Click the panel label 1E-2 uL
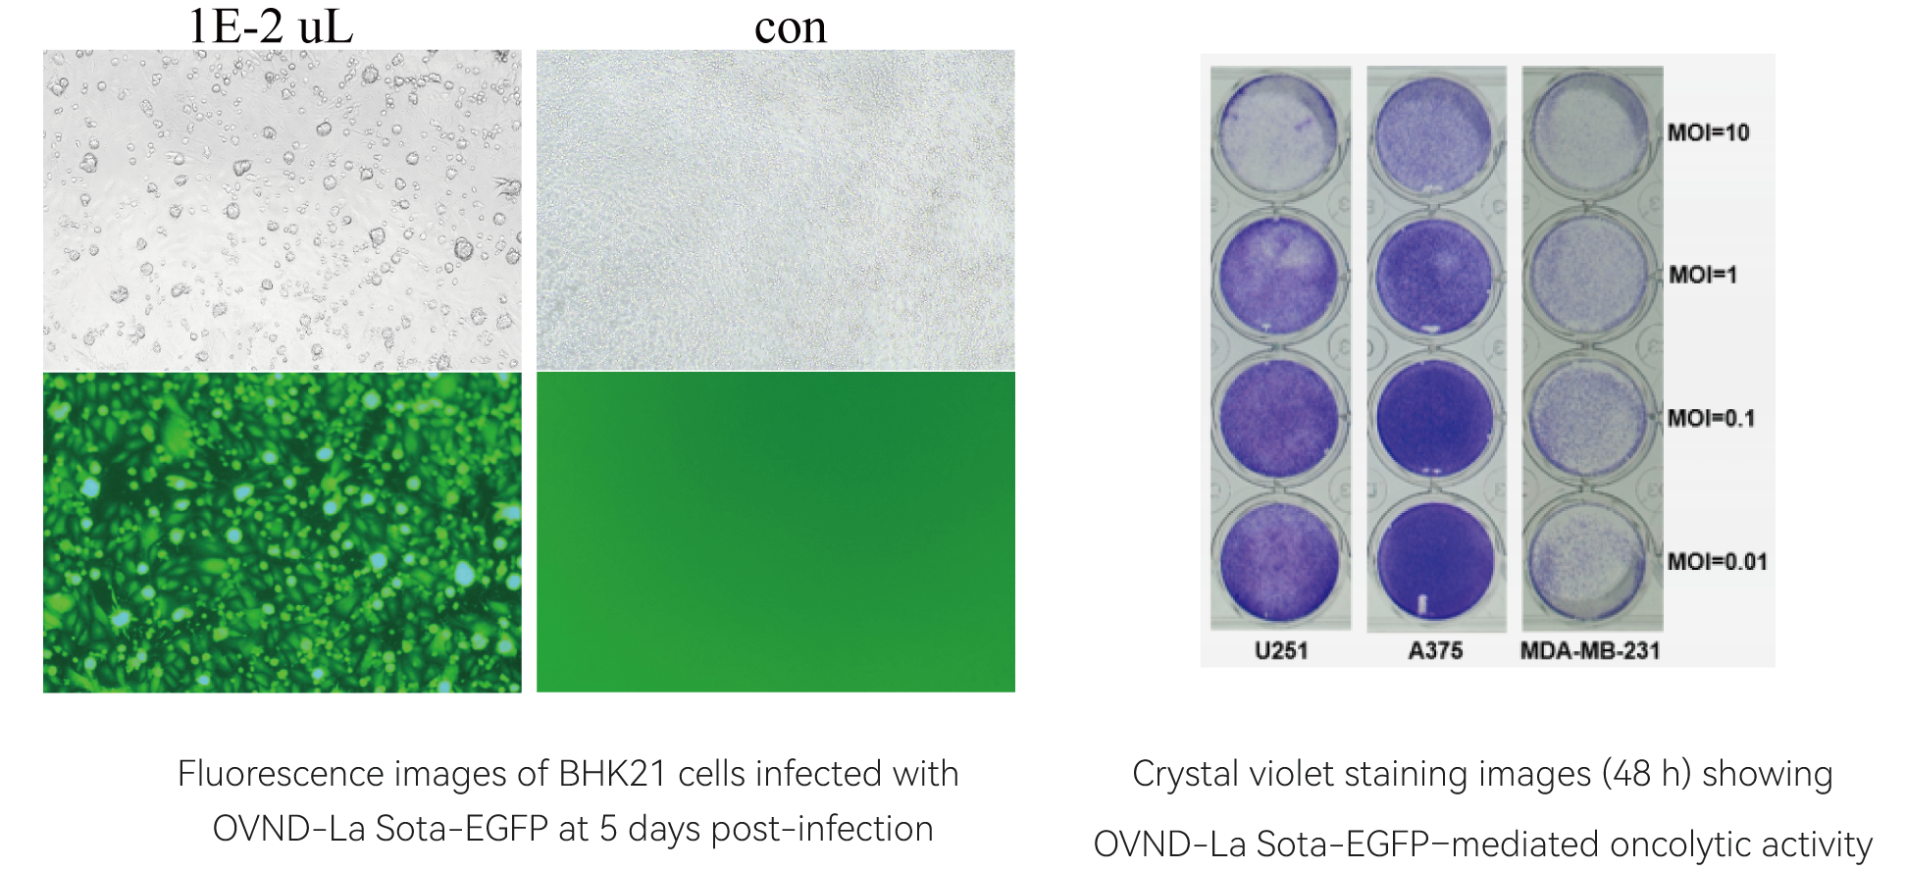click(x=270, y=26)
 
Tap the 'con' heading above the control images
click(x=791, y=28)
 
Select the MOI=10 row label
click(x=1709, y=132)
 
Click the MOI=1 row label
click(x=1703, y=275)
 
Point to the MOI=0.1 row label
click(x=1712, y=419)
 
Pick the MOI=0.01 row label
click(x=1718, y=562)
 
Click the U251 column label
click(x=1281, y=650)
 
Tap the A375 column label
click(x=1435, y=650)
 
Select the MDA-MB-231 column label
click(x=1590, y=650)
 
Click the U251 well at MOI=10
click(x=1279, y=134)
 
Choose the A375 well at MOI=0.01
click(x=1435, y=561)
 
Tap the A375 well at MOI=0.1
click(x=1435, y=419)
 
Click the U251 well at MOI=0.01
click(x=1279, y=561)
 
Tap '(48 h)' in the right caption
click(x=1646, y=774)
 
